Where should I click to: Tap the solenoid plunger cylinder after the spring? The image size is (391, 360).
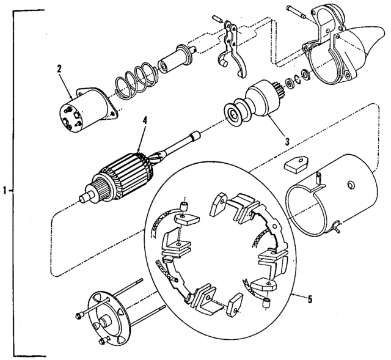pyautogui.click(x=175, y=60)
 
